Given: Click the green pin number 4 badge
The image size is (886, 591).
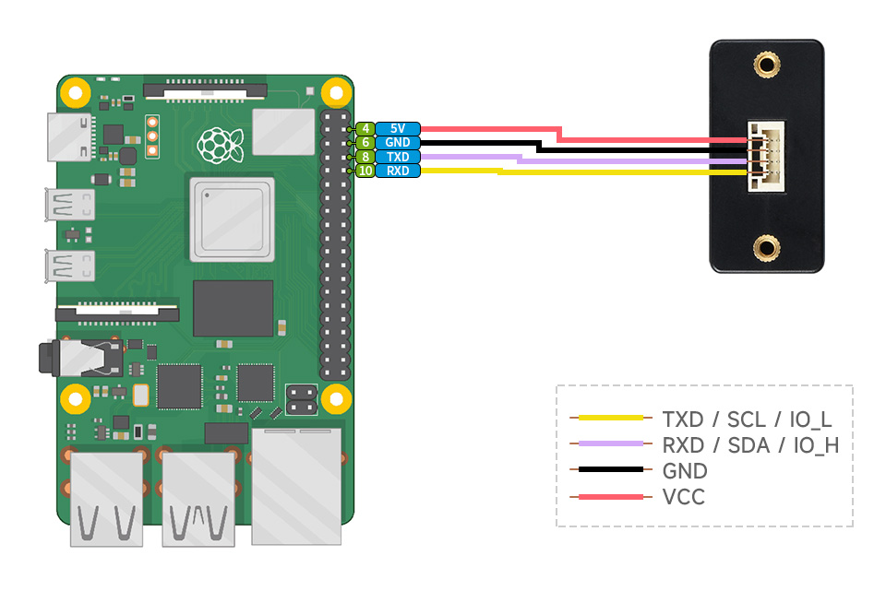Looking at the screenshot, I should pyautogui.click(x=365, y=129).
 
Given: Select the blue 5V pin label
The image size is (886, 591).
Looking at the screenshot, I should pyautogui.click(x=398, y=129).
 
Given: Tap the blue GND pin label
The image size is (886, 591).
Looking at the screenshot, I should pyautogui.click(x=398, y=143).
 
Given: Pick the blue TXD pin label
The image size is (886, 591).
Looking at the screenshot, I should pyautogui.click(x=398, y=157).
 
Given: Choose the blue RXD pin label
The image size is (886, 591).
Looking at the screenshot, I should pyautogui.click(x=398, y=171).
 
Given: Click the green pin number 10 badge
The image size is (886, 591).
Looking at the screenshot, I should pyautogui.click(x=365, y=171).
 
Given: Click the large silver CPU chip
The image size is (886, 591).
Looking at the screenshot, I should pyautogui.click(x=232, y=219).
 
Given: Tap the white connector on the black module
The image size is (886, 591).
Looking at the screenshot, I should pyautogui.click(x=764, y=157).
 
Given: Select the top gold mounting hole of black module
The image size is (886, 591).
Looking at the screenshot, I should pyautogui.click(x=765, y=65).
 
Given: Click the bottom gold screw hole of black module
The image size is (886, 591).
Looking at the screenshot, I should pyautogui.click(x=765, y=246).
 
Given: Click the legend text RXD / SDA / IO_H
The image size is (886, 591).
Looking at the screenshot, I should pyautogui.click(x=750, y=445).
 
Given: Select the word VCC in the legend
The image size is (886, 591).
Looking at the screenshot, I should pyautogui.click(x=683, y=498).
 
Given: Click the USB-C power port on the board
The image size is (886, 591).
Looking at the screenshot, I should pyautogui.click(x=70, y=137).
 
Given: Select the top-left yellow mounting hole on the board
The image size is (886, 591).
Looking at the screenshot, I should pyautogui.click(x=75, y=92).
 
